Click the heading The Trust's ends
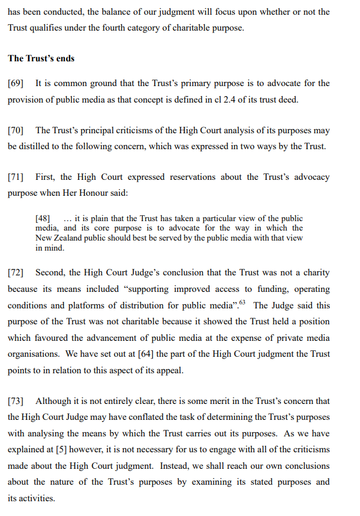coord(41,58)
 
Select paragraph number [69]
coord(16,83)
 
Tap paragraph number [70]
coord(16,130)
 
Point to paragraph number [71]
coord(16,177)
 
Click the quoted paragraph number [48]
coord(44,219)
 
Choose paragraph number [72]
coord(16,273)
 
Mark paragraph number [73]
coord(16,401)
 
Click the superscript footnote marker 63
coord(242,303)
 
